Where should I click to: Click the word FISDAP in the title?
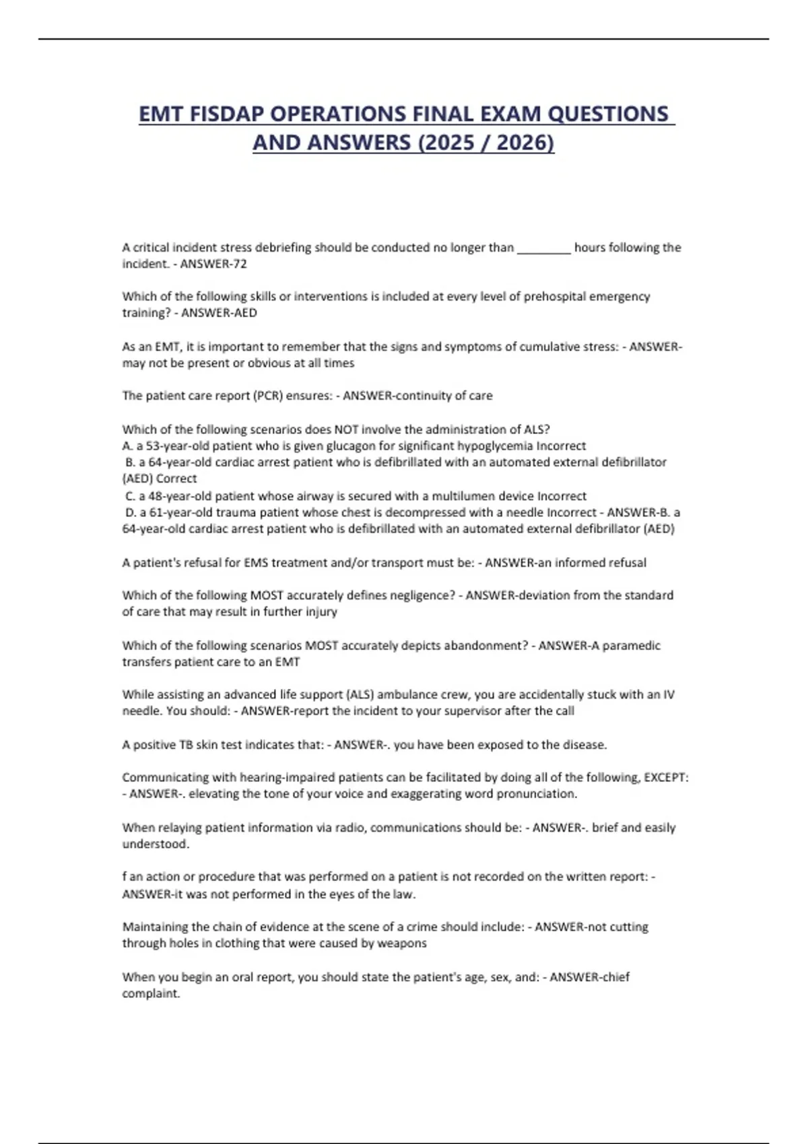tap(226, 114)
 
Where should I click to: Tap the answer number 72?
tap(240, 264)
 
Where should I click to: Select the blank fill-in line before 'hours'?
tap(543, 248)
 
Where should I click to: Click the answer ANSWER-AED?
tap(219, 313)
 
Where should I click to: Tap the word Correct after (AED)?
tap(176, 478)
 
